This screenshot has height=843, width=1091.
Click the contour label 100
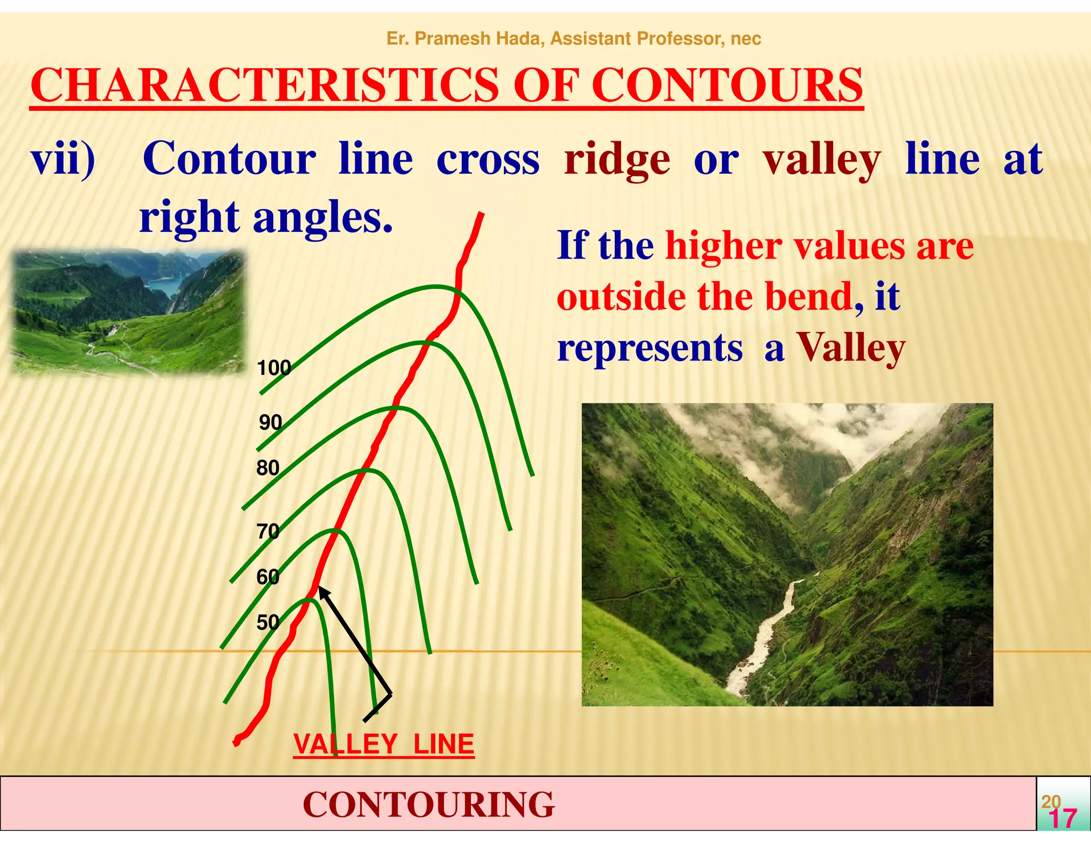[274, 368]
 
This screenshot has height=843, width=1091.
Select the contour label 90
[271, 423]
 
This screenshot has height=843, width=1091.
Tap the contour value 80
[268, 468]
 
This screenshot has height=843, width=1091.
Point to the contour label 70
[268, 531]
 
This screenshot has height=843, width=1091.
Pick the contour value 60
[268, 577]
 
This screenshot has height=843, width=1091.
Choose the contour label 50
[268, 622]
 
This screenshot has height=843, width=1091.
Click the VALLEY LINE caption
[384, 744]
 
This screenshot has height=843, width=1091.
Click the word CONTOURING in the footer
[429, 804]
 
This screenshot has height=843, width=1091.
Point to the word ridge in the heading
[617, 159]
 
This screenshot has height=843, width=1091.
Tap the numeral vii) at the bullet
[63, 159]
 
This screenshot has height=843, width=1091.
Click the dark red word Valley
[851, 348]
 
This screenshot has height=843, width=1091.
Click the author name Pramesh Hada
[479, 38]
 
